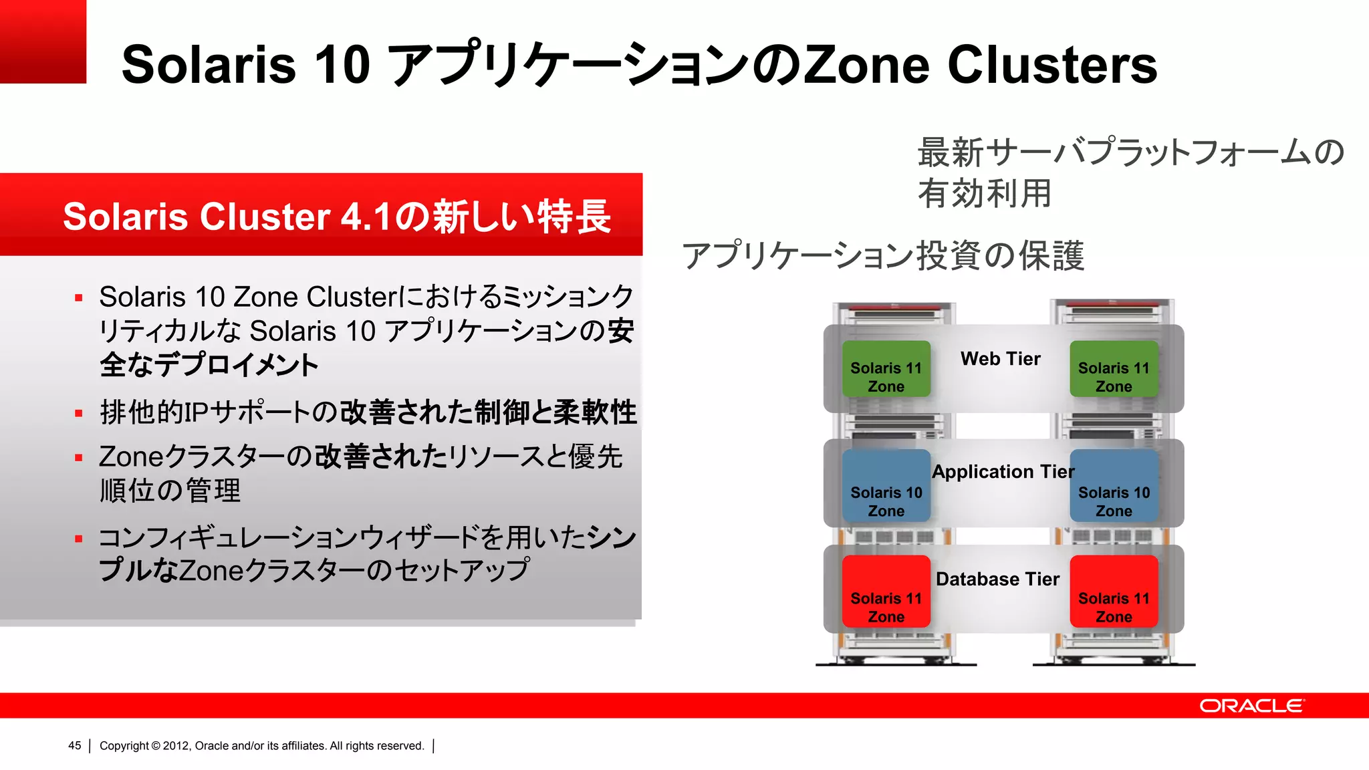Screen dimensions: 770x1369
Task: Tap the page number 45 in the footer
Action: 74,745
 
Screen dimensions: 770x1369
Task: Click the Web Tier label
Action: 1000,359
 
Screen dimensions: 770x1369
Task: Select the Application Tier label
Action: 1003,472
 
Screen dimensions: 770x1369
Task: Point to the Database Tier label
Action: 997,579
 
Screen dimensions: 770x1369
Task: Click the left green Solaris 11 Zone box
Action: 886,369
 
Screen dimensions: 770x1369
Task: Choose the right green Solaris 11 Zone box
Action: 1114,369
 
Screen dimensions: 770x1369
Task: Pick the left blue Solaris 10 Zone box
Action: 886,486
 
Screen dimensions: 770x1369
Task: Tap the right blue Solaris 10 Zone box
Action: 1114,486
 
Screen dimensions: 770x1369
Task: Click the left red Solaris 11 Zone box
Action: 886,592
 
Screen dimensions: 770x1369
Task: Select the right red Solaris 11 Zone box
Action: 1114,592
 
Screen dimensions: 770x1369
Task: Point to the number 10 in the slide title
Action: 342,65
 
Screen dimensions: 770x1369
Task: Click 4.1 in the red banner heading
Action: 365,217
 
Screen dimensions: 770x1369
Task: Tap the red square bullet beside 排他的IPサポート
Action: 79,413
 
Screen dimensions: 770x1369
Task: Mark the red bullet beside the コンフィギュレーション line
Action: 79,539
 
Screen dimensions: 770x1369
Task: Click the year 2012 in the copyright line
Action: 176,745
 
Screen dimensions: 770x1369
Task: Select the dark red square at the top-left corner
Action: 43,41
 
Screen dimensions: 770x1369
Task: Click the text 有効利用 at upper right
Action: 984,194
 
